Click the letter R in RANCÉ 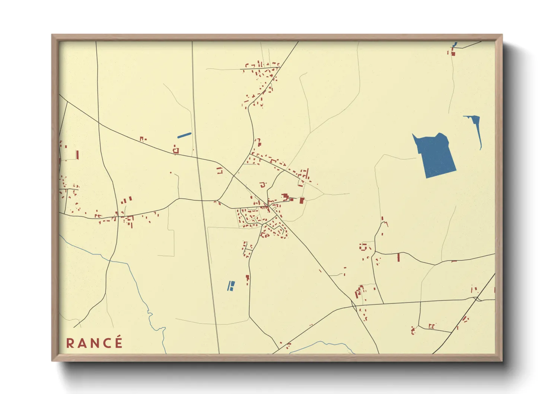point(70,343)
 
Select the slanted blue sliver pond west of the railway point(184,135)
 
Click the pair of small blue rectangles point(231,286)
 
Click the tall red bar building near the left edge point(77,155)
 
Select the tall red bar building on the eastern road point(398,257)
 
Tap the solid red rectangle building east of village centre point(302,201)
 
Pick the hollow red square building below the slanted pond point(176,150)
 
